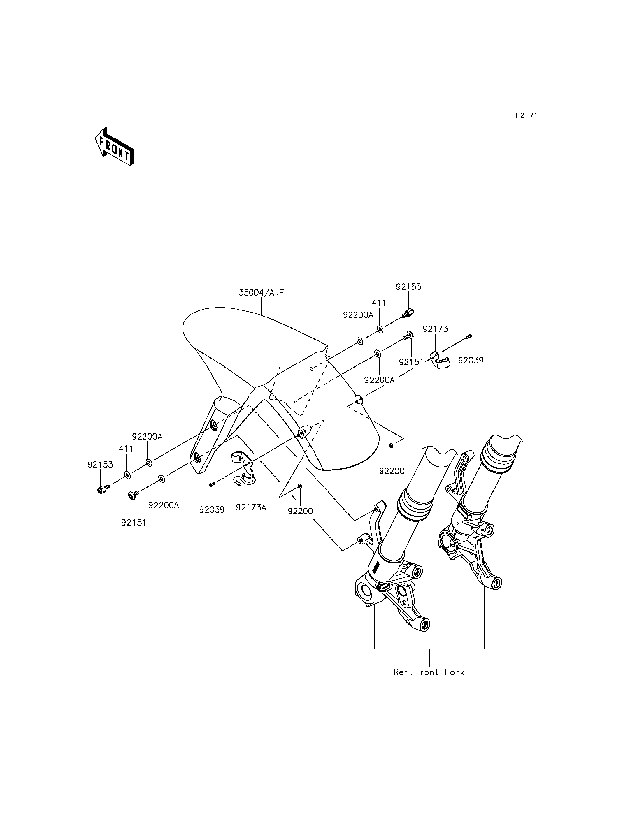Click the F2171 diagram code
[526, 115]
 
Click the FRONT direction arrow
[114, 147]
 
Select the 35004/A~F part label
[261, 292]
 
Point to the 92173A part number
[251, 507]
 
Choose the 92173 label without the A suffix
[435, 329]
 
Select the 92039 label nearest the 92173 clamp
[471, 360]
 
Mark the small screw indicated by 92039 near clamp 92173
[469, 336]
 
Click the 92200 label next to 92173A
[300, 511]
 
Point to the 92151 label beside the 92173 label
[411, 362]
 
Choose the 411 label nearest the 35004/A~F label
[379, 303]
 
